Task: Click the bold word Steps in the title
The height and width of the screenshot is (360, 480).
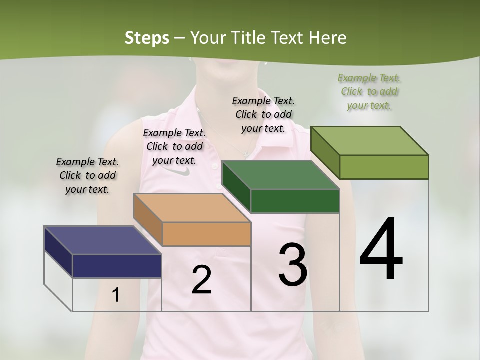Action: tap(147, 38)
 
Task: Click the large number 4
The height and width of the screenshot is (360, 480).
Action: tap(381, 250)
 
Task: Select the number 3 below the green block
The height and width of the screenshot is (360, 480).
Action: tap(292, 265)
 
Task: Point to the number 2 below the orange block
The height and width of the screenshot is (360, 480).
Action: tap(201, 280)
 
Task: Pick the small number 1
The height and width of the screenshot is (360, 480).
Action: tap(115, 295)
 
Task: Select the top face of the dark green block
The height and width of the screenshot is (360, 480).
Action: tap(280, 175)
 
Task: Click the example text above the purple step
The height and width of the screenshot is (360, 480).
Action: tap(87, 175)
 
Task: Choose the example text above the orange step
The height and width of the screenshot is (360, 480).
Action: tap(174, 146)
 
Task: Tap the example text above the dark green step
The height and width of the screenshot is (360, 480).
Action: tap(263, 114)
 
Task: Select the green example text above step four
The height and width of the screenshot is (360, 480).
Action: tap(369, 91)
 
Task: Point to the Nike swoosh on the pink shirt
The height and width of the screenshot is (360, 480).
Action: tap(179, 171)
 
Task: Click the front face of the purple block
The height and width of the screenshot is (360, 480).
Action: tap(117, 266)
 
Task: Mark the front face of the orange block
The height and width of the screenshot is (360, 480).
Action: tap(206, 234)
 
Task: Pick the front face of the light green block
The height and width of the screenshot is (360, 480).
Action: tap(384, 167)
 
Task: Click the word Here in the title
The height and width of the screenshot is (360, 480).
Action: tap(329, 38)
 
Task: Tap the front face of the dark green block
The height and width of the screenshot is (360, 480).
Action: tap(295, 201)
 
